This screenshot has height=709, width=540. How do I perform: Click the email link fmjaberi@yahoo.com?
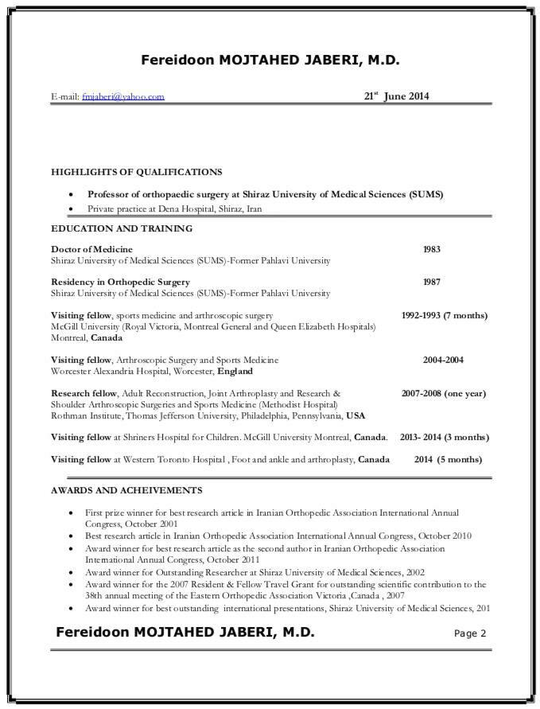pyautogui.click(x=122, y=96)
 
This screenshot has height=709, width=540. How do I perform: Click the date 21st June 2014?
pyautogui.click(x=396, y=95)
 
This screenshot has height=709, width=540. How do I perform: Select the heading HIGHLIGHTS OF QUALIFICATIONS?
pyautogui.click(x=137, y=171)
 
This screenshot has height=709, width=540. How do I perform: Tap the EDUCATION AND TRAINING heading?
pyautogui.click(x=122, y=228)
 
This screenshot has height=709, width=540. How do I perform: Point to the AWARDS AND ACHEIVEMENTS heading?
pyautogui.click(x=126, y=490)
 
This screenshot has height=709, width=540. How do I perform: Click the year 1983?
pyautogui.click(x=432, y=249)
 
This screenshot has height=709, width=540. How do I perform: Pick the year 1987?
pyautogui.click(x=433, y=282)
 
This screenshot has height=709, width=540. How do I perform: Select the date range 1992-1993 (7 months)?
pyautogui.click(x=444, y=315)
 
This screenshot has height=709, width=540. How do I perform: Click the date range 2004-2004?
pyautogui.click(x=443, y=360)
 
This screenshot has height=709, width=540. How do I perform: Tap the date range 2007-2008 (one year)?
pyautogui.click(x=444, y=393)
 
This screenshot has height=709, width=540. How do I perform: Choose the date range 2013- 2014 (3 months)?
pyautogui.click(x=444, y=437)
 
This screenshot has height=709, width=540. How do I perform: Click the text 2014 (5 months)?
pyautogui.click(x=447, y=459)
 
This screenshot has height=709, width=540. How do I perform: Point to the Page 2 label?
pyautogui.click(x=469, y=633)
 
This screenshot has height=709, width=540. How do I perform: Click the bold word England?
pyautogui.click(x=235, y=371)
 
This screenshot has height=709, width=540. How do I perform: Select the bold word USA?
pyautogui.click(x=355, y=415)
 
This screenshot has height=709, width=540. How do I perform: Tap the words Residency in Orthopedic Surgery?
pyautogui.click(x=120, y=282)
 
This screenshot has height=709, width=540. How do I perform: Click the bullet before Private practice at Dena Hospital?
pyautogui.click(x=72, y=208)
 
